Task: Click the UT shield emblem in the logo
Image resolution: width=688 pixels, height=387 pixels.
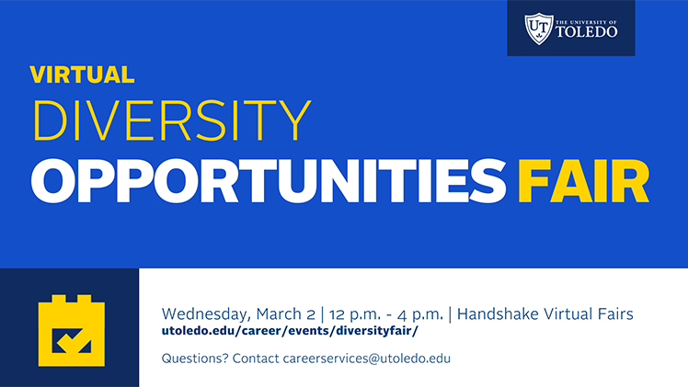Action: [x=538, y=28]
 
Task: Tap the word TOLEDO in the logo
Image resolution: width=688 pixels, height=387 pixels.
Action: [x=586, y=31]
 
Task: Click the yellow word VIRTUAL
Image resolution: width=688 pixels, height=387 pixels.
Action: [x=82, y=74]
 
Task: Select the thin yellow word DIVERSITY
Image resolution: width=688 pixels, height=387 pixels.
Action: [x=172, y=120]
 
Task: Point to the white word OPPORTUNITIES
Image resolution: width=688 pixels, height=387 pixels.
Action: [x=268, y=180]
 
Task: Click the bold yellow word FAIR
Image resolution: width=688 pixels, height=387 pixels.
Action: [x=583, y=180]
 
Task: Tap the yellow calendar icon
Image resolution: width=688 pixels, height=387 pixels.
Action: [x=72, y=330]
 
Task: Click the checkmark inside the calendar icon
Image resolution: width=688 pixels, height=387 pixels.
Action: [x=72, y=340]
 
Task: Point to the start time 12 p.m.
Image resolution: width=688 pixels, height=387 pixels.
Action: [x=355, y=314]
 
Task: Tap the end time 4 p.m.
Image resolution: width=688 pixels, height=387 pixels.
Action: [x=420, y=314]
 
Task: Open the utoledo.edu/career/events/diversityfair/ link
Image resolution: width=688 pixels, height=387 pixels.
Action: [x=290, y=330]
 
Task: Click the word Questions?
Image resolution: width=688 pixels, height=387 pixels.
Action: [x=195, y=359]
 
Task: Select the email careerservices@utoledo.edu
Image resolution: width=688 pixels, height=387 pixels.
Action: [x=367, y=359]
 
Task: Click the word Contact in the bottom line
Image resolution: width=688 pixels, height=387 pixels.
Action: [x=256, y=359]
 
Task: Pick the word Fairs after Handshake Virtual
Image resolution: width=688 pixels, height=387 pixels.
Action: [x=615, y=313]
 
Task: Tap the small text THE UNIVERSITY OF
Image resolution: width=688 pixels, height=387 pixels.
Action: [x=586, y=22]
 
